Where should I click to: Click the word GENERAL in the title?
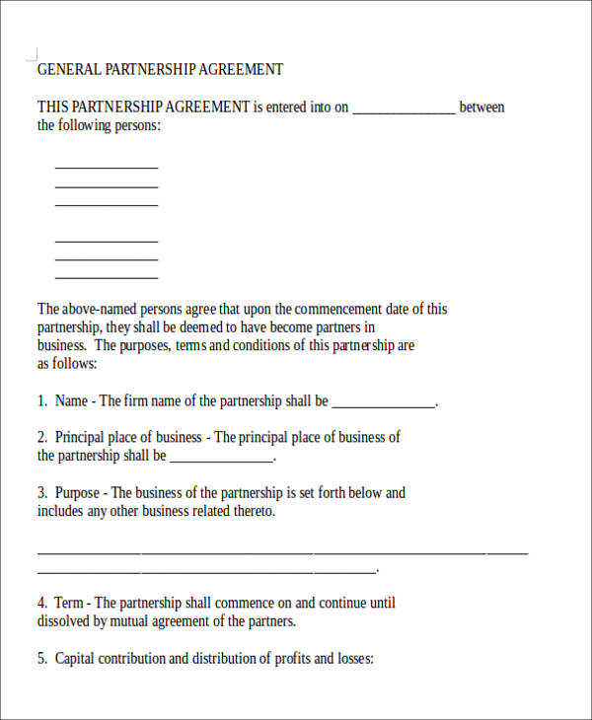(66, 70)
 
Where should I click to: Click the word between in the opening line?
(481, 108)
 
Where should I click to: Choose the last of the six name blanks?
(107, 277)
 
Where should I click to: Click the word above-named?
(103, 309)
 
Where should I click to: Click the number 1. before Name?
(42, 401)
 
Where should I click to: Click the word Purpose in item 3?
(77, 492)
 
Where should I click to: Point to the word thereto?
(252, 512)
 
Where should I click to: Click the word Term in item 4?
(69, 603)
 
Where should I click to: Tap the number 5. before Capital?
(42, 659)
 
